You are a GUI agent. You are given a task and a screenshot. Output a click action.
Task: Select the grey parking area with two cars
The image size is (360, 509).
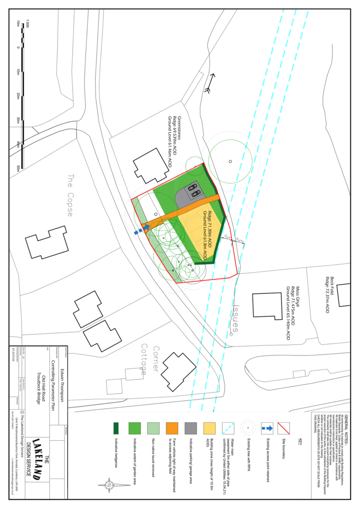[191, 194]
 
